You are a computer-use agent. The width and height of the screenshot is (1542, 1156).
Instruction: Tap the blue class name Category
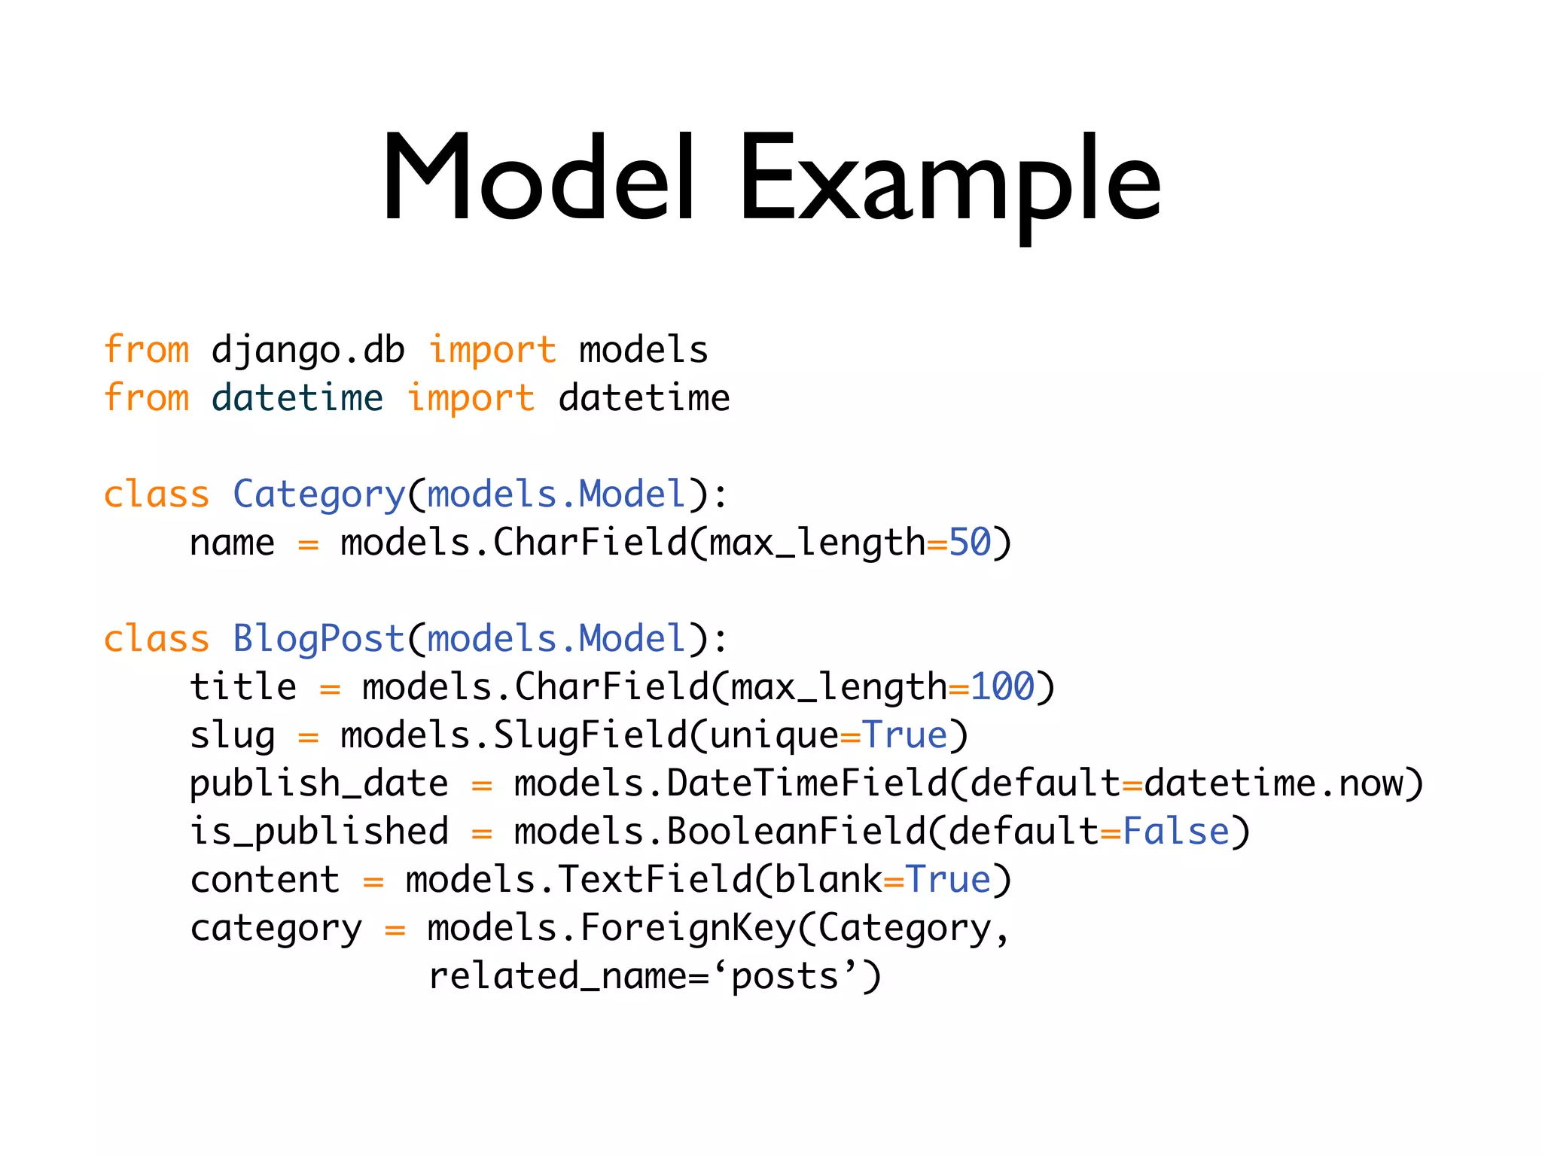[318, 495]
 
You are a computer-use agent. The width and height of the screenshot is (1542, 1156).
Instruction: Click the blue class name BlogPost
[318, 639]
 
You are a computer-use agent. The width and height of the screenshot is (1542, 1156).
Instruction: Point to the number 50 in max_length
[970, 543]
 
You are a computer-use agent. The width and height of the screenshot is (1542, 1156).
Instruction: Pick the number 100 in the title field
[1002, 687]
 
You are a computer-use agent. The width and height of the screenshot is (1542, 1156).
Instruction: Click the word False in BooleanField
[1175, 832]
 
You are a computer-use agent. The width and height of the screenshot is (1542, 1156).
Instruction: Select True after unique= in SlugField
[904, 735]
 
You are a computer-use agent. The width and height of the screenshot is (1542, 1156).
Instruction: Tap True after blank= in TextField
[947, 880]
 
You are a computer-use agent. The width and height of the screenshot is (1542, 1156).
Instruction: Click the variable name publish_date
[318, 783]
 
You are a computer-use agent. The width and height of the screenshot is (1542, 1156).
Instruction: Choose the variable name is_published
[318, 832]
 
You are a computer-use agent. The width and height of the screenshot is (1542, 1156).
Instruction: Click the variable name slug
[232, 735]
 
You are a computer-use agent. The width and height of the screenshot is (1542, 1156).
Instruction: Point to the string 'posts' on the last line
[785, 976]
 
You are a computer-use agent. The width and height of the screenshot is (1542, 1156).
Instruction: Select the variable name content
[264, 880]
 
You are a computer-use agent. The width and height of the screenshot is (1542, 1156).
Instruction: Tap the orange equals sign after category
[395, 930]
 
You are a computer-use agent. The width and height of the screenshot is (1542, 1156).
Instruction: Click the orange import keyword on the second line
[471, 398]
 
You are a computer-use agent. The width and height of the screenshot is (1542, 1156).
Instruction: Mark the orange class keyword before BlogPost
[156, 639]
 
